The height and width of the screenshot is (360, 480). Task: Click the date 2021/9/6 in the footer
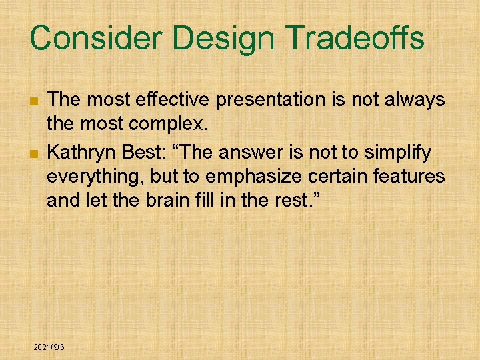49,347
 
